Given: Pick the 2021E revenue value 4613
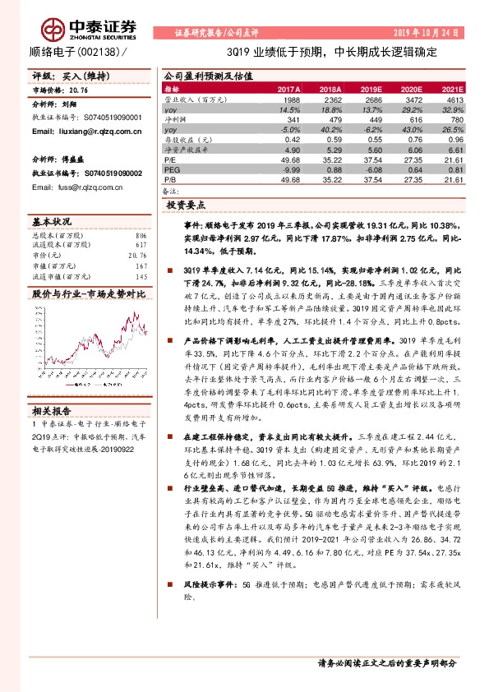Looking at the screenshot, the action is click(x=454, y=98).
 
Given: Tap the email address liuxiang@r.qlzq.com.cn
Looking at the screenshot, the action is click(x=84, y=130).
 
